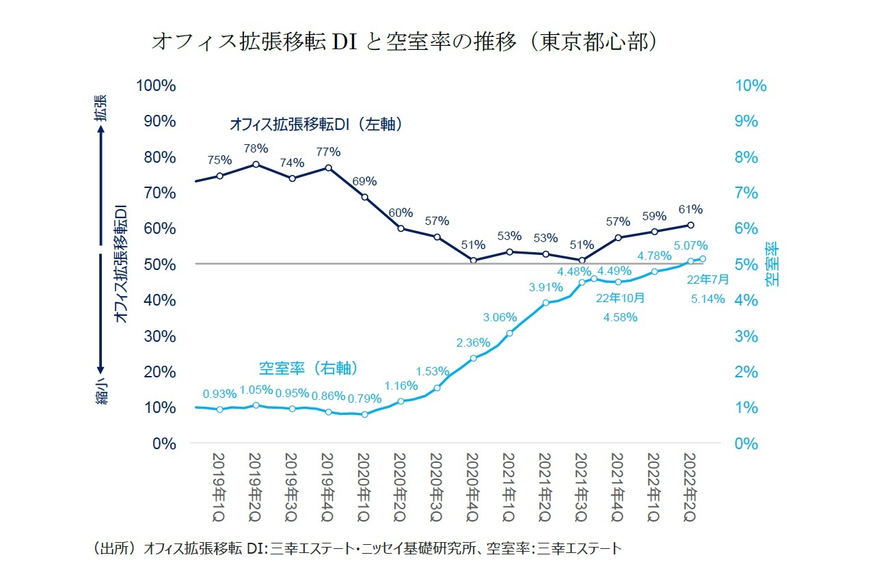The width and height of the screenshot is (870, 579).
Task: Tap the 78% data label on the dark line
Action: (x=256, y=148)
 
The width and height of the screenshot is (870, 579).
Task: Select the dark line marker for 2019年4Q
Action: (x=328, y=167)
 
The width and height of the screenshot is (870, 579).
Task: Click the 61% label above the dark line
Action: (x=690, y=209)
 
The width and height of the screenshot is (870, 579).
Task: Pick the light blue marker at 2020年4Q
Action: (x=473, y=358)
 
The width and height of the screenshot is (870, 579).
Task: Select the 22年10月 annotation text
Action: (x=621, y=298)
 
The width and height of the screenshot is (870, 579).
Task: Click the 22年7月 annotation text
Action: (x=708, y=279)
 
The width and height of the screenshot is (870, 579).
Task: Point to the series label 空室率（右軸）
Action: (x=308, y=368)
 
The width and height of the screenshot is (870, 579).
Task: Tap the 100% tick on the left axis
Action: (x=157, y=85)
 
